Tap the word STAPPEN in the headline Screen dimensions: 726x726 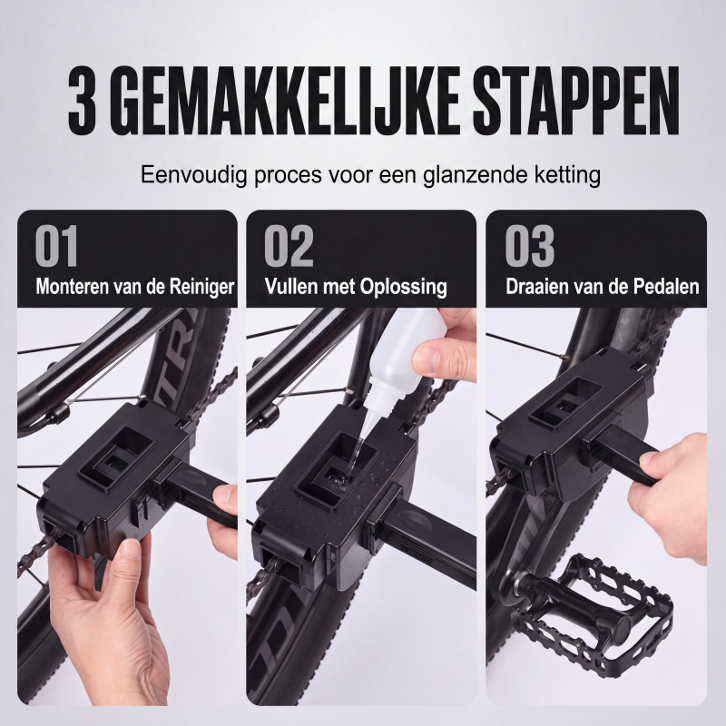(575, 101)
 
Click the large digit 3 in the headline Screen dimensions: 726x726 (83, 101)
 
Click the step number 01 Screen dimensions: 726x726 (56, 246)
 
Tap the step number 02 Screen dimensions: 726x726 (289, 246)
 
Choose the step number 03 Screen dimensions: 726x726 (530, 246)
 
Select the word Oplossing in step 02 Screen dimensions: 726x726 (403, 287)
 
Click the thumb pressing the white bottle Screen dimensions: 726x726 (435, 356)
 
